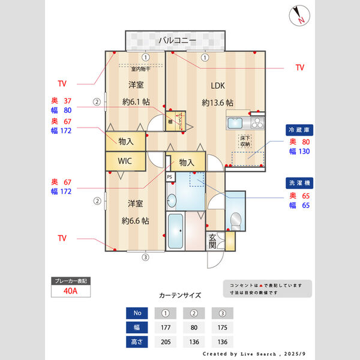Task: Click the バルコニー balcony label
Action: (x=177, y=41)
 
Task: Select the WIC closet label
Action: (x=125, y=161)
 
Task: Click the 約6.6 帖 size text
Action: (x=136, y=221)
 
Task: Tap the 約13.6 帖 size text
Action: (x=217, y=103)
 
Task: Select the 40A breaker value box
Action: (x=70, y=291)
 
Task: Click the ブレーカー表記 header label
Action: (x=70, y=281)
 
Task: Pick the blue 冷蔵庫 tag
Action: (x=299, y=130)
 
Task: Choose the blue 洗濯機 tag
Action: (x=299, y=182)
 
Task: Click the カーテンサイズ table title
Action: (x=180, y=295)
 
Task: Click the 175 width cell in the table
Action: (x=223, y=328)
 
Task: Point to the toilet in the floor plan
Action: (x=236, y=221)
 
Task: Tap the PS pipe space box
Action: (x=170, y=177)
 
